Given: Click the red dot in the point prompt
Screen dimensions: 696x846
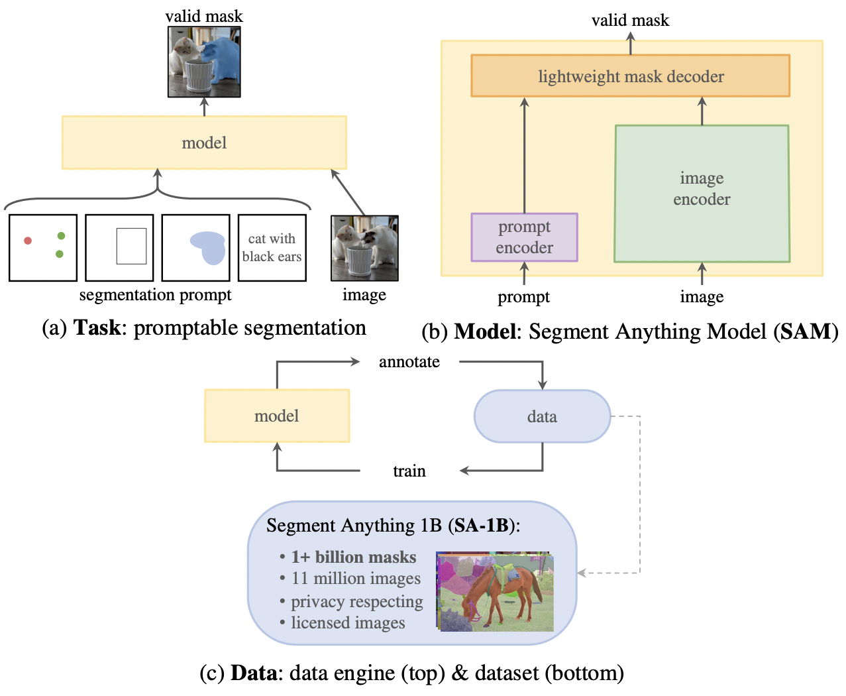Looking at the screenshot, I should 28,241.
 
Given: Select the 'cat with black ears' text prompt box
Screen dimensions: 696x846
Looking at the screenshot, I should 272,248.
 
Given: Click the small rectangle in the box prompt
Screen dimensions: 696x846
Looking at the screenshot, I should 131,246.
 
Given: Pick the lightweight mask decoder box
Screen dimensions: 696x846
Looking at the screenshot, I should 630,76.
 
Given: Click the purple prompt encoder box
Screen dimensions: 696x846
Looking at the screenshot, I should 524,237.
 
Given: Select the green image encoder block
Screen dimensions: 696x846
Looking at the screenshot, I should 702,193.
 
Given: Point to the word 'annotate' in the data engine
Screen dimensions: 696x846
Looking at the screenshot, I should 409,362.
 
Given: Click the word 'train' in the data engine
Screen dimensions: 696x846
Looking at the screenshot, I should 409,471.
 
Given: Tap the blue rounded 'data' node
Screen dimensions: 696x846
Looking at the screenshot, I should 542,416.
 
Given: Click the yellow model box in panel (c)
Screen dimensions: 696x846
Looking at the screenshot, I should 277,416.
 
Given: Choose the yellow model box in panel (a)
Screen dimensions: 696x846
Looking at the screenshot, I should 204,143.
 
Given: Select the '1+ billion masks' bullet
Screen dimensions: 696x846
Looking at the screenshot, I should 353,557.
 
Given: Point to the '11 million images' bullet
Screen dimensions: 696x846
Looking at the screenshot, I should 356,579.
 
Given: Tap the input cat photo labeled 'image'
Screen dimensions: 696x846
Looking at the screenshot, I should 364,249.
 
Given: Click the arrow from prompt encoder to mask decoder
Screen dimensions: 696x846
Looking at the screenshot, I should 524,156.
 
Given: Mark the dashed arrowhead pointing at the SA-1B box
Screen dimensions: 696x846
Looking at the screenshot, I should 582,573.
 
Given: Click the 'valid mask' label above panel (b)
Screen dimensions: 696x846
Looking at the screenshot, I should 630,21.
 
